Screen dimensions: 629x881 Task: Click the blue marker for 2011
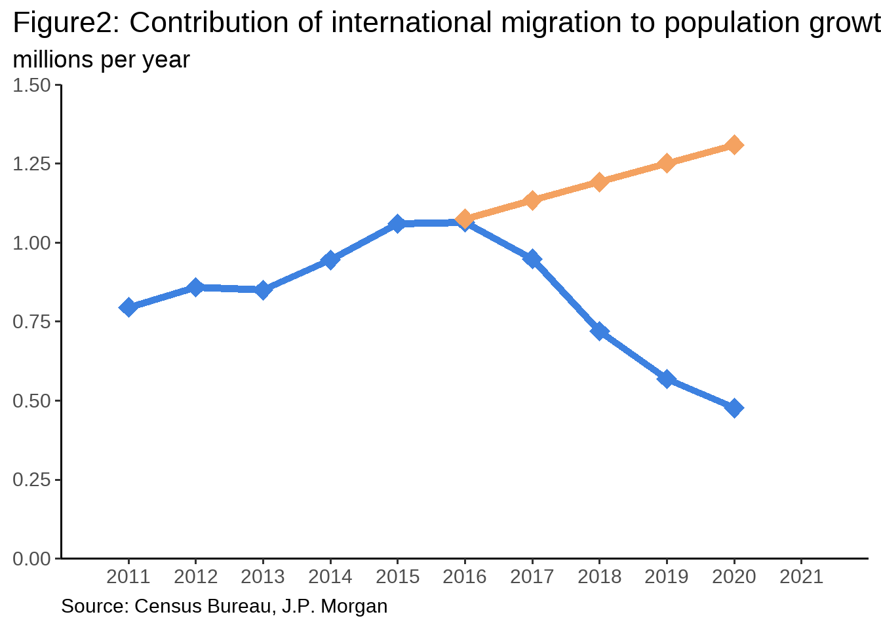128,307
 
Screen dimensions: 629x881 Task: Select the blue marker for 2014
330,261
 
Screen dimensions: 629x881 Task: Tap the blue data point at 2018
599,331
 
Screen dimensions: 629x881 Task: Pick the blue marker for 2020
734,408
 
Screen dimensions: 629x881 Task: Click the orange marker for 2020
734,145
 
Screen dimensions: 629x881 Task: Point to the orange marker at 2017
532,200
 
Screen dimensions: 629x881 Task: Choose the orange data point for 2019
667,163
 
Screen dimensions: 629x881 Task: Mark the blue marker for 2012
195,287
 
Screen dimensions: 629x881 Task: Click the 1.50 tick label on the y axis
31,85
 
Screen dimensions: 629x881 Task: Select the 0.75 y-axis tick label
31,322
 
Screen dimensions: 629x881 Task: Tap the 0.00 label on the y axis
31,558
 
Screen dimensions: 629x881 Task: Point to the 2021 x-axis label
801,577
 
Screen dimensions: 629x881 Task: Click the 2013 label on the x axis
263,577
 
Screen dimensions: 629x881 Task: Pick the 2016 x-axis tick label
465,577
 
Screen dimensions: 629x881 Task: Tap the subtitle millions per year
101,60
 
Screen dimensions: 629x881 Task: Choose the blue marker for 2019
667,379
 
